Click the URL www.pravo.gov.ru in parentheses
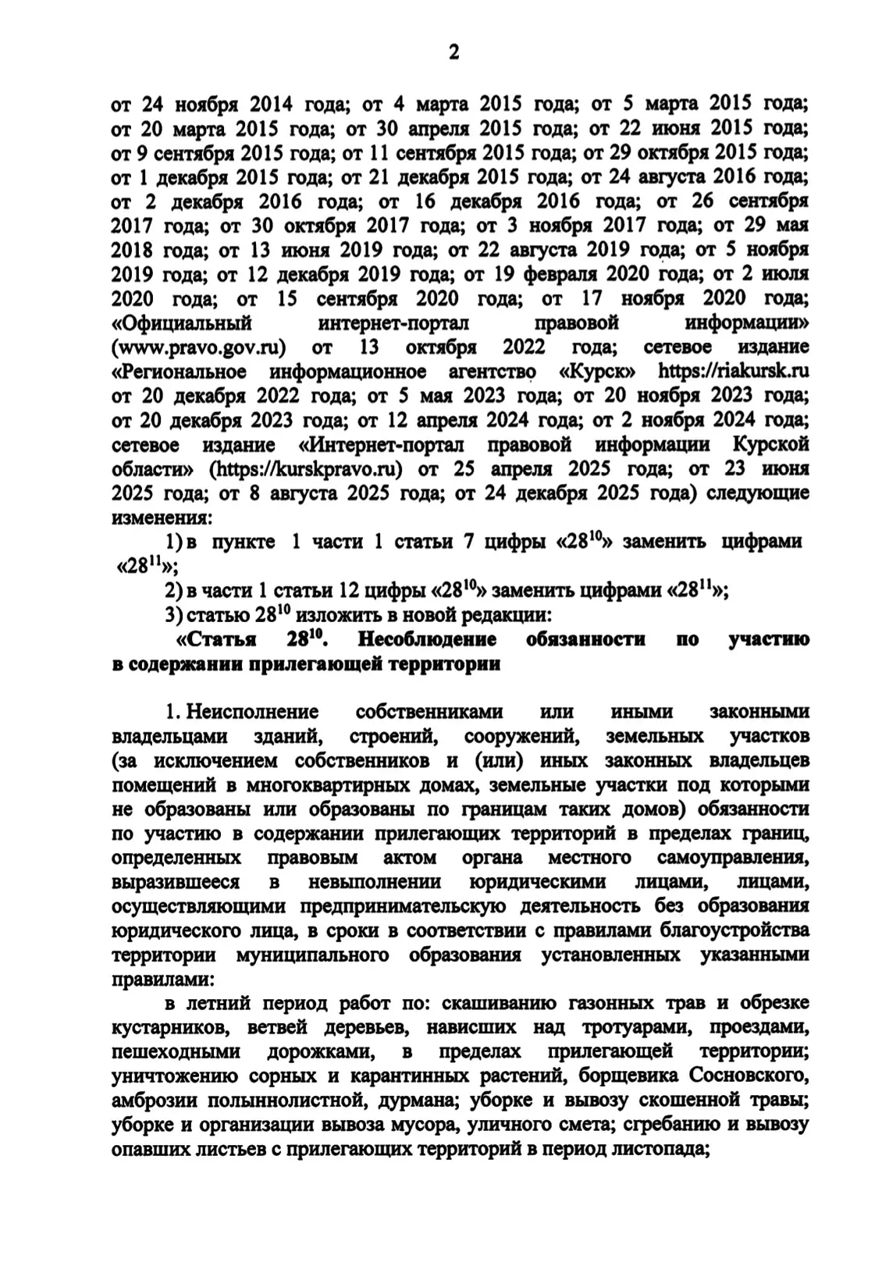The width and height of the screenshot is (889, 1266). point(199,346)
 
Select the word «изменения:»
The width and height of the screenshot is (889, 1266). point(161,517)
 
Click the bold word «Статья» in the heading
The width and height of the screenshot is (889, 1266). point(218,639)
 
